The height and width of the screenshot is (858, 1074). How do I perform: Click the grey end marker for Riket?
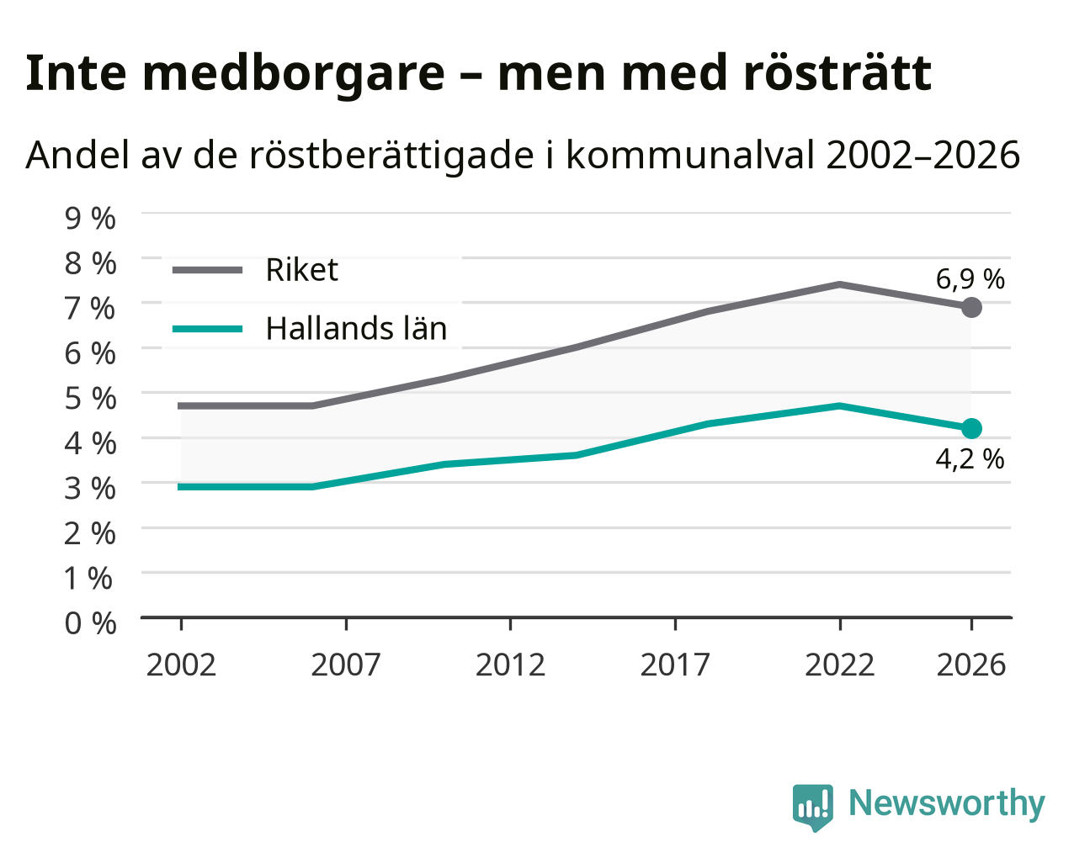971,307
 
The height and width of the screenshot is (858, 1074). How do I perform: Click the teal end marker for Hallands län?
971,428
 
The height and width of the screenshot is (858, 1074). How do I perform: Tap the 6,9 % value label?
970,279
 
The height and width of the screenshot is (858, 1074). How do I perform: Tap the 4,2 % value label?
970,459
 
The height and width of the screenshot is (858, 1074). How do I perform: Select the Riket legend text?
302,270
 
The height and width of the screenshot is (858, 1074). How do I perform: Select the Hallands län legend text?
356,328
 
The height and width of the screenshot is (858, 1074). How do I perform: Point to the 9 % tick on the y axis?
90,218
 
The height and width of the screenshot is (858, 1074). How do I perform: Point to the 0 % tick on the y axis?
90,622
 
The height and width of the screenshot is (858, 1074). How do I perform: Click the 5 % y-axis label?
90,398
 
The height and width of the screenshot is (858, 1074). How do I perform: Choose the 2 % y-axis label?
90,533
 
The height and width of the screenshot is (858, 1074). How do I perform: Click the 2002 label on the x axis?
181,665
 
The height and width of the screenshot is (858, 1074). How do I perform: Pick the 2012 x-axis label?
510,665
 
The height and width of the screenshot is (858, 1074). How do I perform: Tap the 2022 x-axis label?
840,665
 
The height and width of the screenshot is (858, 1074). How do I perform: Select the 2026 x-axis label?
971,665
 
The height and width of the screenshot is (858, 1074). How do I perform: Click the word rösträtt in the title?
837,73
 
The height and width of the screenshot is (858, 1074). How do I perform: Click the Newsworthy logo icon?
813,807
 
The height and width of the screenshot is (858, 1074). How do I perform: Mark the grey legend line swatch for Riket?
207,270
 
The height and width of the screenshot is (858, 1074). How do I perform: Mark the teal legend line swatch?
207,329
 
